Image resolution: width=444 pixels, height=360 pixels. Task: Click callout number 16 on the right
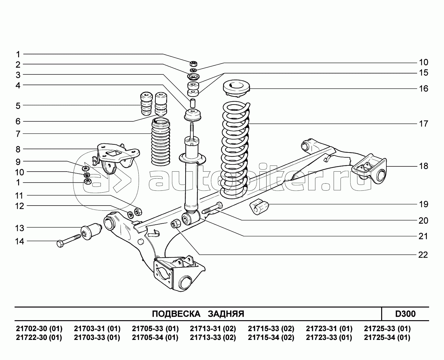click(423, 88)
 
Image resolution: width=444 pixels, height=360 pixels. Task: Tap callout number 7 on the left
click(18, 134)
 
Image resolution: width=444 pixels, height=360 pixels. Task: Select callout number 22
click(423, 255)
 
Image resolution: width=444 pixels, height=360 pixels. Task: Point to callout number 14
click(19, 242)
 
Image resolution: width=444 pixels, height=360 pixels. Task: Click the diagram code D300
click(405, 314)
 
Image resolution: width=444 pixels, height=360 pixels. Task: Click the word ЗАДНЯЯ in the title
click(226, 314)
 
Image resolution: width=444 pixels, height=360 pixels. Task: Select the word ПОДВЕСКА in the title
click(176, 314)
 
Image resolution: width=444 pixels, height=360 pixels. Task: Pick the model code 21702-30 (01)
click(39, 329)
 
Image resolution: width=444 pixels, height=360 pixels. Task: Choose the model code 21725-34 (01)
click(387, 337)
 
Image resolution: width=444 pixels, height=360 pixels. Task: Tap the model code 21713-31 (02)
click(213, 329)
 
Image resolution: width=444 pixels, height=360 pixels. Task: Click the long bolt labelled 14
click(69, 241)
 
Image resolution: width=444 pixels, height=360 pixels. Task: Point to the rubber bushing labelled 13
click(91, 231)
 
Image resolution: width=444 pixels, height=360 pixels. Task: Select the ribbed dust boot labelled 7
click(160, 142)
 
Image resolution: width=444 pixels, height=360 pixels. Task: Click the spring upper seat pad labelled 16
click(236, 89)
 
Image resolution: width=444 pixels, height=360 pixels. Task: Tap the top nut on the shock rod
click(194, 63)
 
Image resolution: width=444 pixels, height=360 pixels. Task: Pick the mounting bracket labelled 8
click(116, 158)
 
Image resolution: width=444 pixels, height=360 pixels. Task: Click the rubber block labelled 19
click(259, 206)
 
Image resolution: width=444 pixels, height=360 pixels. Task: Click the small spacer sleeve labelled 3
click(192, 104)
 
